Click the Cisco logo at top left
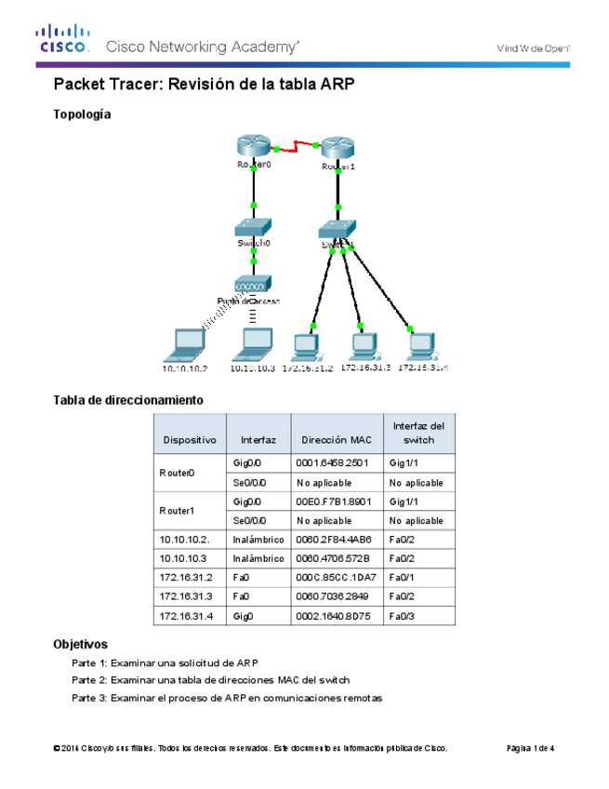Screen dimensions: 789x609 (62, 40)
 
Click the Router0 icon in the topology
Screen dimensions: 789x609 (252, 146)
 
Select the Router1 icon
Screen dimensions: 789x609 (338, 148)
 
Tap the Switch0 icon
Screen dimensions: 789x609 (252, 227)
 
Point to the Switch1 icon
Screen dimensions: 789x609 (338, 229)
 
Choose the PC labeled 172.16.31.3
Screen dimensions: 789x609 (364, 345)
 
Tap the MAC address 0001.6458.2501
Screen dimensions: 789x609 (333, 461)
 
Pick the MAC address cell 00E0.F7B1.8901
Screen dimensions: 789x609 (333, 501)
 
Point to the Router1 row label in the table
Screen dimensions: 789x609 (178, 510)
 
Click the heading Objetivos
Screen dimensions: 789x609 (81, 644)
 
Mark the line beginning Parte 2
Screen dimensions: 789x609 (210, 680)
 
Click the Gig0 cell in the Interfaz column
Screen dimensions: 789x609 (244, 615)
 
